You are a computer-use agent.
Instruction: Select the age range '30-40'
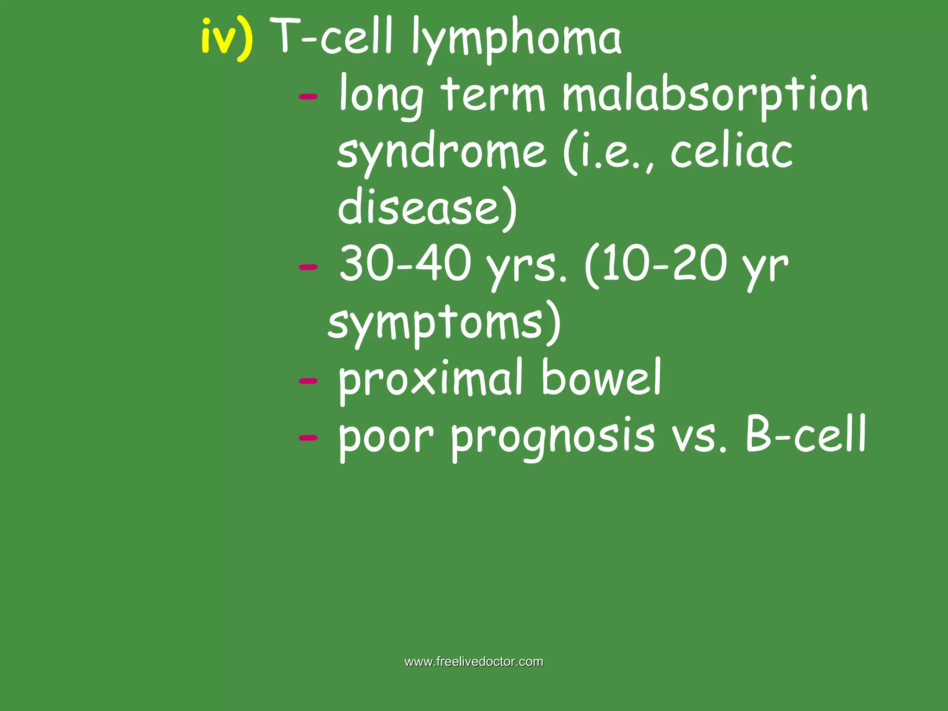[405, 264]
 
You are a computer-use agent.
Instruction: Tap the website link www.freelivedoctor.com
[474, 662]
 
